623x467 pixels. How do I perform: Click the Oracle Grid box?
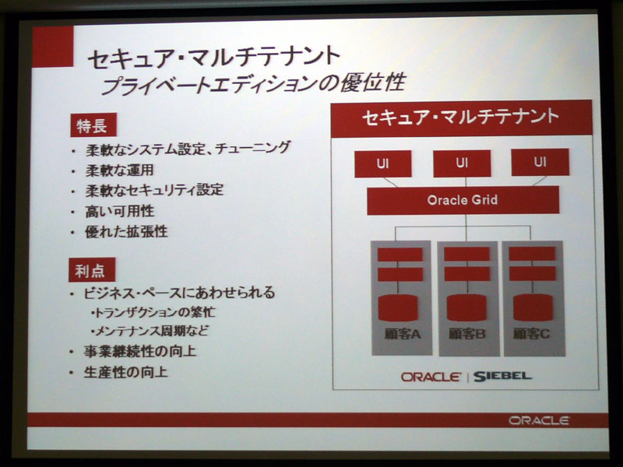click(x=463, y=200)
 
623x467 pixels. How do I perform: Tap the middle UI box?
click(x=462, y=163)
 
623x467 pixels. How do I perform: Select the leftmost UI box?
click(x=382, y=163)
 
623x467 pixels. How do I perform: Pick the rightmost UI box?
click(x=540, y=162)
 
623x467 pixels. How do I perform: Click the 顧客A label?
click(x=402, y=335)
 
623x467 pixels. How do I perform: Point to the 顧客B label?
click(x=466, y=334)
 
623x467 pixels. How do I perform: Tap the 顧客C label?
click(x=531, y=334)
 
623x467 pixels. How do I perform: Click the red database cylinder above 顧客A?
click(x=398, y=307)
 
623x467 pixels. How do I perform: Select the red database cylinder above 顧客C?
click(x=533, y=307)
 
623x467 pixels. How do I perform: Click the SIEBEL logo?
click(x=502, y=376)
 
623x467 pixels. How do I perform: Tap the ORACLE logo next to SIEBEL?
click(x=431, y=377)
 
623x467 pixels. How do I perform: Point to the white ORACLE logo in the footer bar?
click(x=539, y=420)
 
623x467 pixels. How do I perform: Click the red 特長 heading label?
click(x=93, y=125)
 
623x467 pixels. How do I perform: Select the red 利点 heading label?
click(x=92, y=270)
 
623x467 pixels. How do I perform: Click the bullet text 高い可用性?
click(x=120, y=211)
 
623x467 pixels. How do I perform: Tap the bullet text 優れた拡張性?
click(x=126, y=232)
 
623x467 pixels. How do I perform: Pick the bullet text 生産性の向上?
click(x=125, y=373)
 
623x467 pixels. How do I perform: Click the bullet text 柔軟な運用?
click(x=120, y=170)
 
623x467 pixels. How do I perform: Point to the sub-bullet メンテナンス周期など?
click(x=150, y=331)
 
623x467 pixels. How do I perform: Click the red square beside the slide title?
click(x=53, y=47)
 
